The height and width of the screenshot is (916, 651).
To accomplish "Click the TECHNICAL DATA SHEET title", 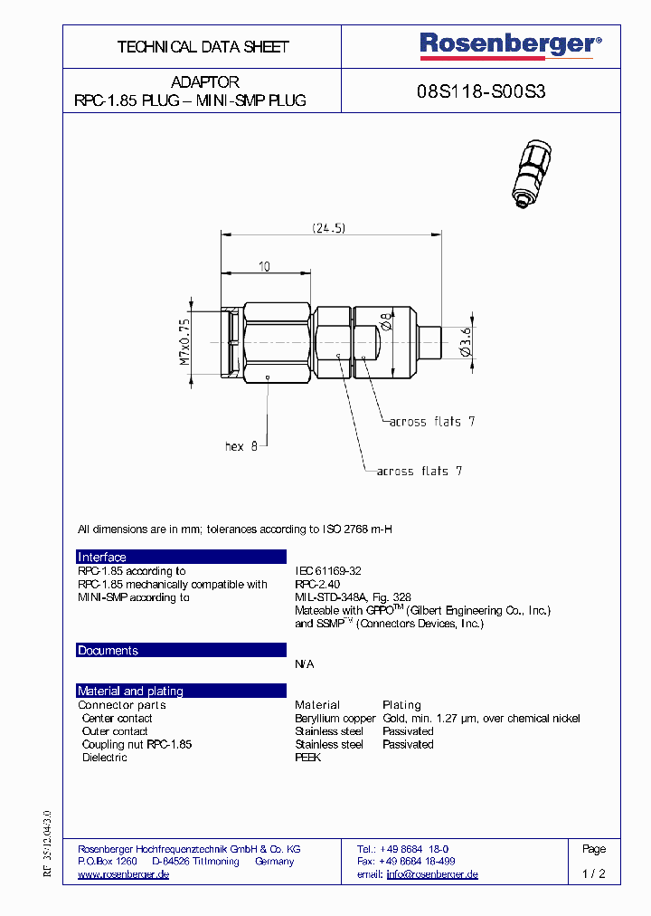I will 203,46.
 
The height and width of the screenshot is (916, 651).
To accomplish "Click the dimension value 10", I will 263,266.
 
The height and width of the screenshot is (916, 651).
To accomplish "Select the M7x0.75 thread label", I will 184,341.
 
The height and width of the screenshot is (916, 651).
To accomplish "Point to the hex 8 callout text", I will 241,446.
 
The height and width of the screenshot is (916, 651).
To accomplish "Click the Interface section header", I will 102,558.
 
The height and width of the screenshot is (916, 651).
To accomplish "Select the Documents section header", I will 108,651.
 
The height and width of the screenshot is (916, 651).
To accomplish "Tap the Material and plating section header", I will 130,692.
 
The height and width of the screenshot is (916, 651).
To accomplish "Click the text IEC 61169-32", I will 328,571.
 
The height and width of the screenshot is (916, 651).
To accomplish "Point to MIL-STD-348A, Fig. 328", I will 353,597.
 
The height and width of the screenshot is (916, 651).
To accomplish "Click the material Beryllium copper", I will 335,719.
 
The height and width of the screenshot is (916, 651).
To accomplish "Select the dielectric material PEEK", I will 307,758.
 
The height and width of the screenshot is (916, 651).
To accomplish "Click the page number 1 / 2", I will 593,875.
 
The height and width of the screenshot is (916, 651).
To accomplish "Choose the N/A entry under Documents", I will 305,664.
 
